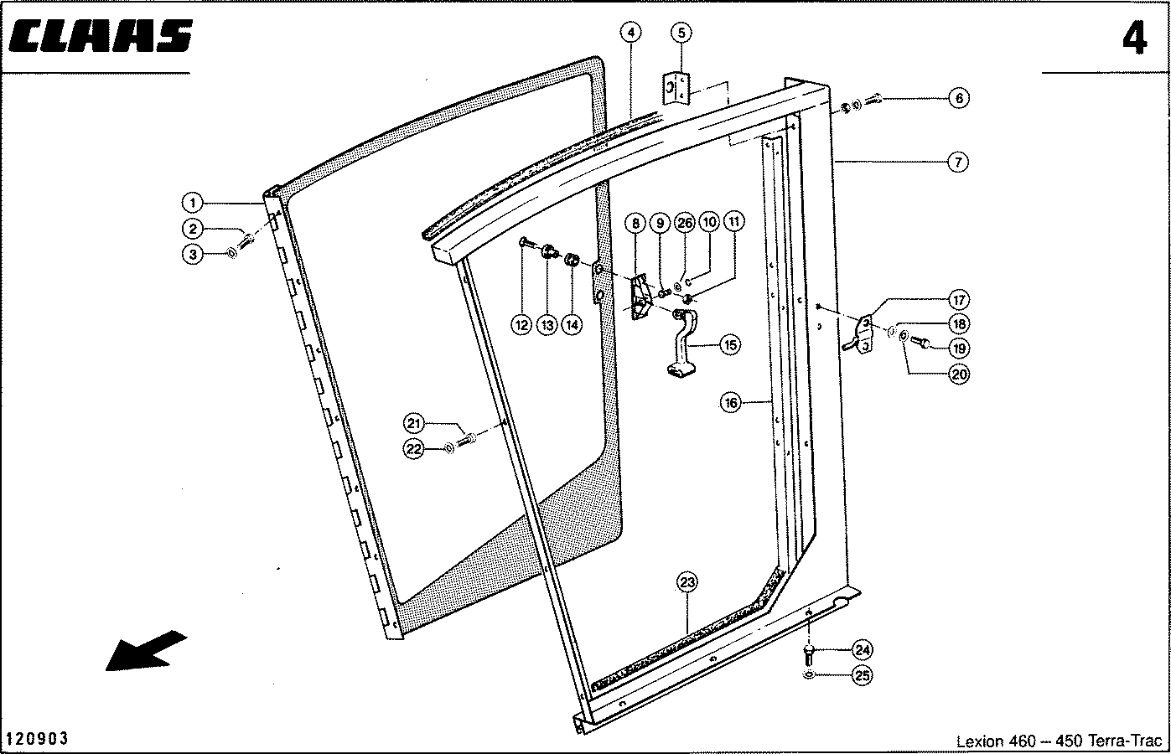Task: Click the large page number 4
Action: [1134, 39]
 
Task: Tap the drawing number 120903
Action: [38, 739]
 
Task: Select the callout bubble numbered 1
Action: [193, 202]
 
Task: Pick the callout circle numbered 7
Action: [959, 162]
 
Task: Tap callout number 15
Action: [729, 343]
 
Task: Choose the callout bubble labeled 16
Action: [731, 403]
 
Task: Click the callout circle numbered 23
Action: [687, 582]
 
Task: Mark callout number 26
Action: [685, 223]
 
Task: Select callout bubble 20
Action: [959, 374]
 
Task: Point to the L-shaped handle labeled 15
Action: [683, 343]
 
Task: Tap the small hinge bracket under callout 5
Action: [676, 88]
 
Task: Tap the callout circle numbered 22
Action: [414, 448]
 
